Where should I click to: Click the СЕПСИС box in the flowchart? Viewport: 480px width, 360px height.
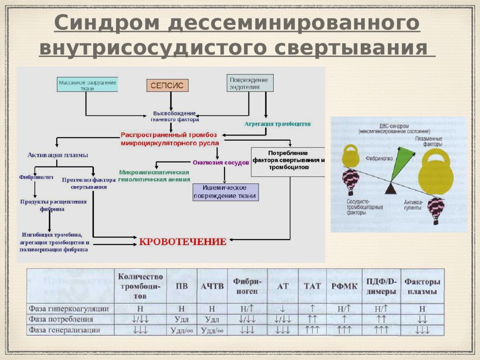pyautogui.click(x=167, y=85)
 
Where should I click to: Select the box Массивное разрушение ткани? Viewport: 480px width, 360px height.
pyautogui.click(x=87, y=85)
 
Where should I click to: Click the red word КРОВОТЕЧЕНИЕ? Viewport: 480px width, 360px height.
pyautogui.click(x=183, y=242)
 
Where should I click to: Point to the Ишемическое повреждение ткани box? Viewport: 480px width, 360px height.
pyautogui.click(x=225, y=192)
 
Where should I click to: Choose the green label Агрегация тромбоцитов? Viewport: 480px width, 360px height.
pyautogui.click(x=277, y=124)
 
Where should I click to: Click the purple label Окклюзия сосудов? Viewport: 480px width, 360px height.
pyautogui.click(x=220, y=163)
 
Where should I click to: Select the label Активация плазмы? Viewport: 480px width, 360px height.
pyautogui.click(x=58, y=154)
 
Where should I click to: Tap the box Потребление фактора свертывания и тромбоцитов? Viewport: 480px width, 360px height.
pyautogui.click(x=288, y=160)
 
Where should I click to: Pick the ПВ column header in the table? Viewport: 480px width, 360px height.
pyautogui.click(x=181, y=287)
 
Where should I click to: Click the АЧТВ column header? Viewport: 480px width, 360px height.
pyautogui.click(x=212, y=287)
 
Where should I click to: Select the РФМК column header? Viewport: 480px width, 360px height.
pyautogui.click(x=345, y=287)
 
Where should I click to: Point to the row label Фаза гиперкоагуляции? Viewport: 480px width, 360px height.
pyautogui.click(x=69, y=309)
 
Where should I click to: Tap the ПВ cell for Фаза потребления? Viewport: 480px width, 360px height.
pyautogui.click(x=181, y=319)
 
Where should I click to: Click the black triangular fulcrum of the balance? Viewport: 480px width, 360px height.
pyautogui.click(x=390, y=188)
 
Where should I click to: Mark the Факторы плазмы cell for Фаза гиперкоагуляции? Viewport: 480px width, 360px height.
pyautogui.click(x=422, y=309)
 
